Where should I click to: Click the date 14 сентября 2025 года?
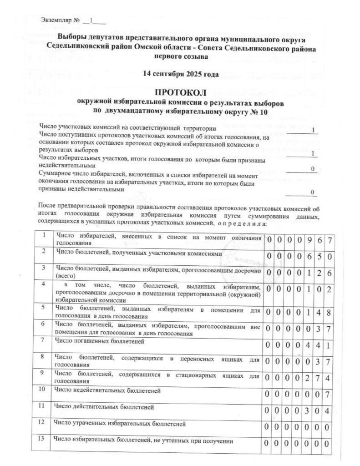click(x=179, y=74)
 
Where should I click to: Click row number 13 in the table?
click(x=44, y=441)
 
